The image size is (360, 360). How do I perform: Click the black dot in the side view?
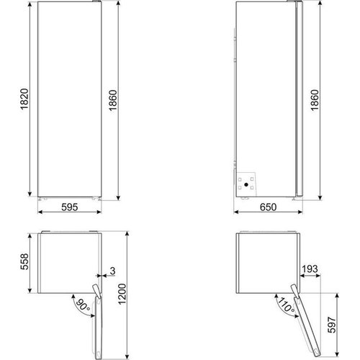[247, 184]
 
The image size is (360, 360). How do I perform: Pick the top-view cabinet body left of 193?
[265, 262]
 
